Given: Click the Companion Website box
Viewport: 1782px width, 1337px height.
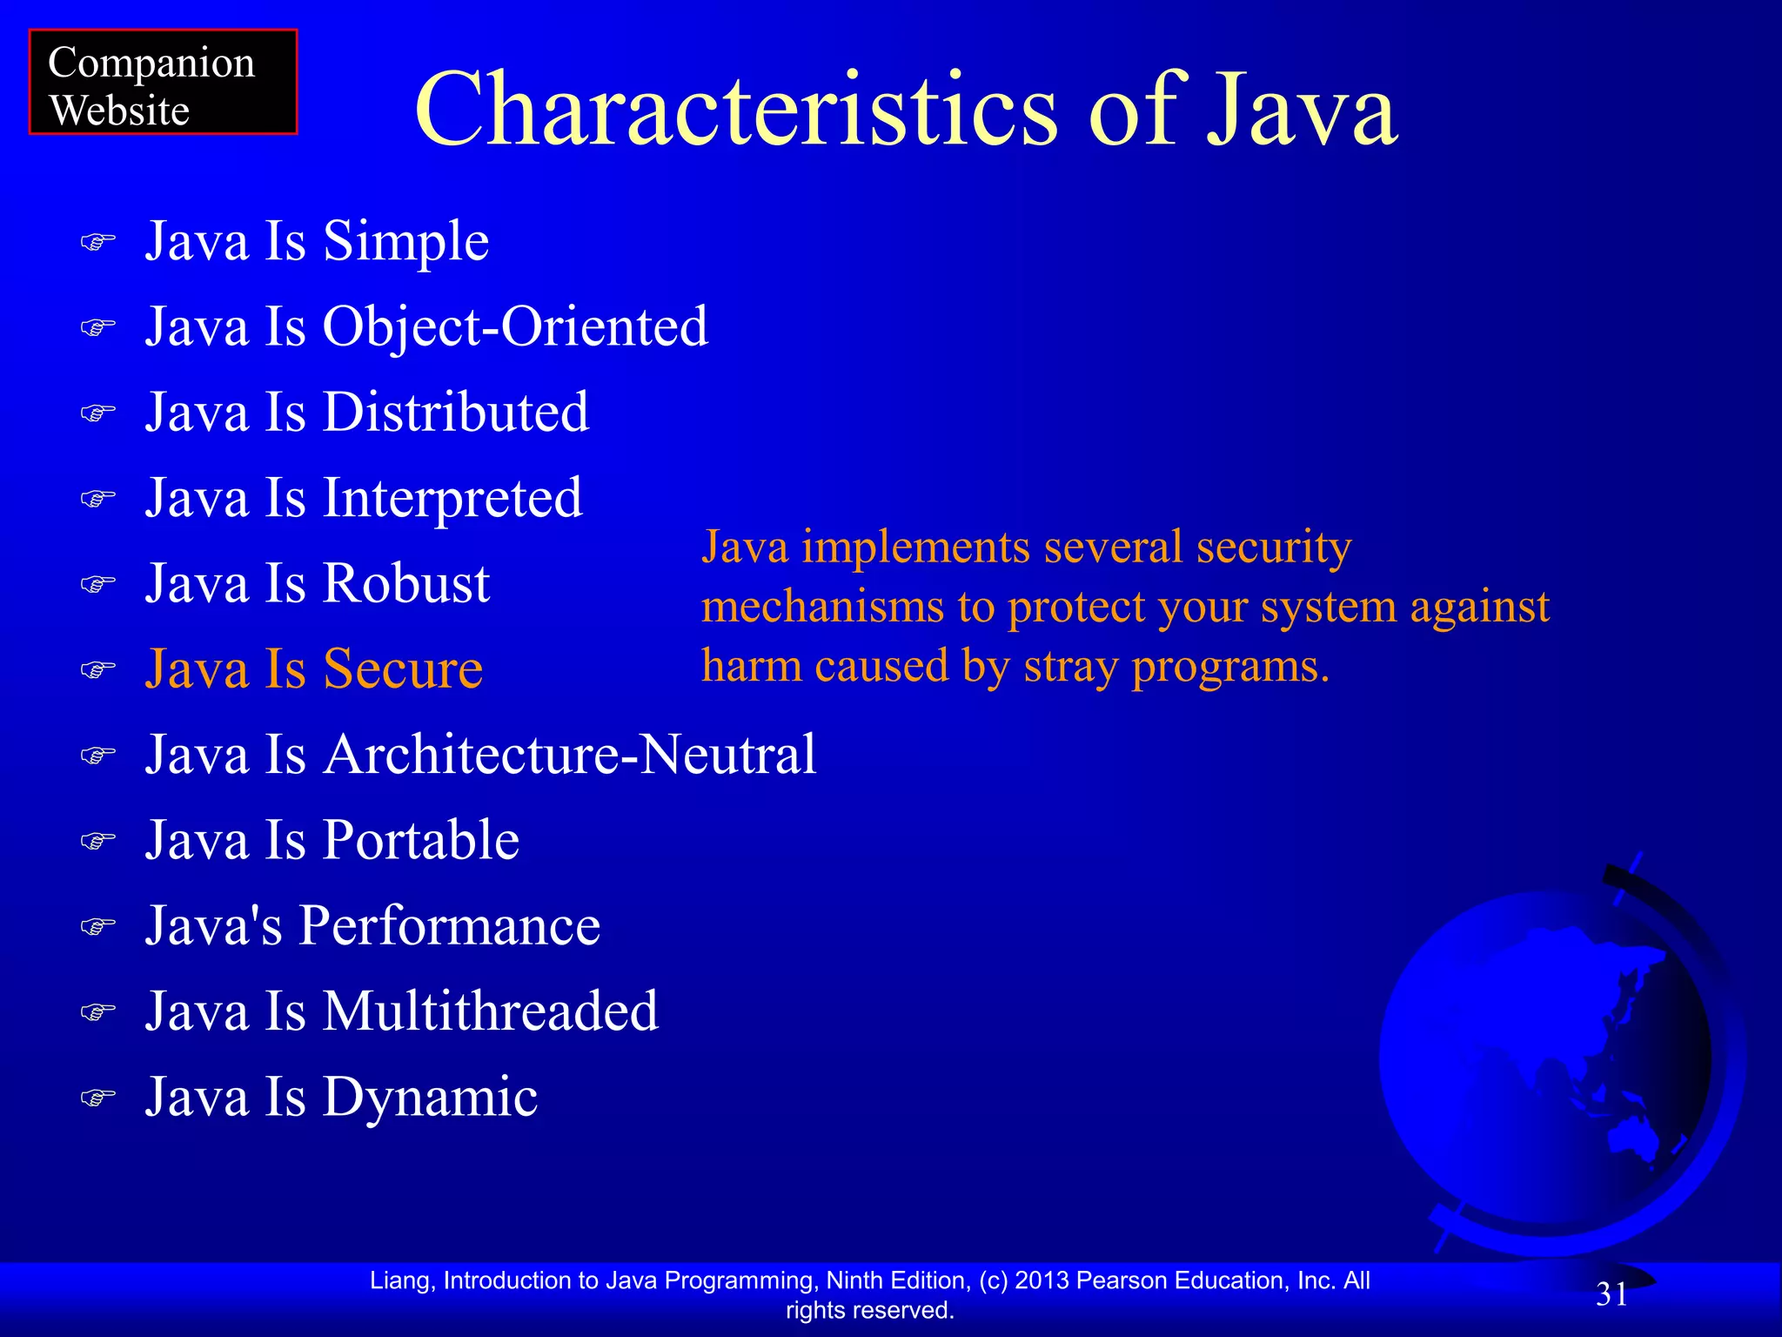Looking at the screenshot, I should (x=163, y=83).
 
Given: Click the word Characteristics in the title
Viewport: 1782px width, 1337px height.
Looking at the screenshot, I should (x=736, y=111).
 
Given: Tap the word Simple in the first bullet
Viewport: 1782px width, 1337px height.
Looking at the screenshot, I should (x=405, y=241).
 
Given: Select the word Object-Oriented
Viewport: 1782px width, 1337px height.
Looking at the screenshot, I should (x=515, y=326).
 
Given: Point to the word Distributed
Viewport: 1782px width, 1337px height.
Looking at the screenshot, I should (x=456, y=412).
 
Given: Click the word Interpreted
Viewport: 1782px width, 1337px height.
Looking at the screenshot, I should (x=452, y=498).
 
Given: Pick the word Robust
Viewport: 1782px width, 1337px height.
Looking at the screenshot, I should (x=406, y=583).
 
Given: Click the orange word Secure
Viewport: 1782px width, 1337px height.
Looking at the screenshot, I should (x=403, y=668).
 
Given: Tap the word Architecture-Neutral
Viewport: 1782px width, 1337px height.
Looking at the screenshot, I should (x=570, y=754).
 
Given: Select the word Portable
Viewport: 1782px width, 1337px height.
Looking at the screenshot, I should (x=421, y=840).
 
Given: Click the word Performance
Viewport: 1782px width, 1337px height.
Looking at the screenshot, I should (x=450, y=925).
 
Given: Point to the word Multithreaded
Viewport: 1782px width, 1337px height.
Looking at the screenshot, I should (x=491, y=1011).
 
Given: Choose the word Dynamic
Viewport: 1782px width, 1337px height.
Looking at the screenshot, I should (x=430, y=1097).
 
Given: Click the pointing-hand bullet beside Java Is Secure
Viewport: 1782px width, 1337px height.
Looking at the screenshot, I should (x=97, y=669).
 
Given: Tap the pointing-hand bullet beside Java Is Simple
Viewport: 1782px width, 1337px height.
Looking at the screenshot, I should (x=97, y=242).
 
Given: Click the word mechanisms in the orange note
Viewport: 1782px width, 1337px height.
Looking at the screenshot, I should (x=822, y=607).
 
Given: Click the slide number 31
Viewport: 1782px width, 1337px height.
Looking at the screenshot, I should (x=1611, y=1294).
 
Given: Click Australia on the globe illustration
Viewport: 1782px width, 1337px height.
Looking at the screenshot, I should (x=1631, y=1136).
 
